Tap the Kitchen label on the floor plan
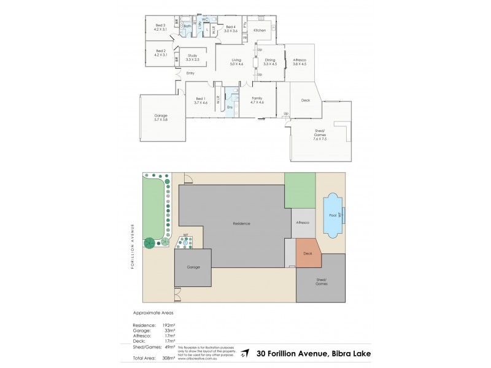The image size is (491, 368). (259, 30)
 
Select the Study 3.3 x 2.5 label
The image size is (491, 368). (192, 57)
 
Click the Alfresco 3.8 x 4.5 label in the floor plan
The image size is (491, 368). (299, 61)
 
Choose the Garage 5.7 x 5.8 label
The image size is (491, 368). (161, 117)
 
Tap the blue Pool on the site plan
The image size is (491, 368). (332, 216)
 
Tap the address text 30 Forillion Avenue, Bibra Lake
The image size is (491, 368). (313, 353)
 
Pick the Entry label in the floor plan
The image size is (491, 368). (190, 74)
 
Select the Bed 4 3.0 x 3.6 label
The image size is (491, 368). (231, 28)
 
